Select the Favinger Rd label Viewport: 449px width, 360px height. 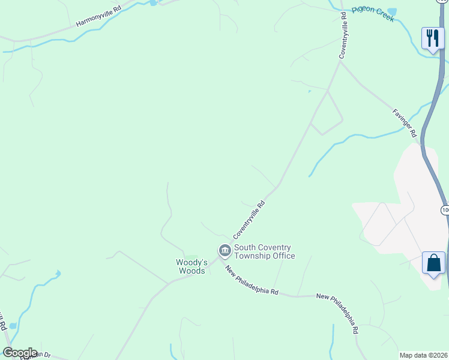point(405,123)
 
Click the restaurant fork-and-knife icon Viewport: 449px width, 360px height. point(432,38)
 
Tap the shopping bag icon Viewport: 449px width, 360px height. point(433,263)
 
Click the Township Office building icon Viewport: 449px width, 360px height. point(224,250)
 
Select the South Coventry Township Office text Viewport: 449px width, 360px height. point(264,251)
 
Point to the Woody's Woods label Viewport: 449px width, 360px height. point(191,266)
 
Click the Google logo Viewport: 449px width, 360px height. point(20,353)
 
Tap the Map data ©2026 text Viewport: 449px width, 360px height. point(423,355)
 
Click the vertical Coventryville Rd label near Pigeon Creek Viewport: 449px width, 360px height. point(343,35)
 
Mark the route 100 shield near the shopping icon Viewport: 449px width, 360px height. point(445,209)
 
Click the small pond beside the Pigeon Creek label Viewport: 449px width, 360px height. point(393,11)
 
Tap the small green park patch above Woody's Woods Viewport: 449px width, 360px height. point(191,257)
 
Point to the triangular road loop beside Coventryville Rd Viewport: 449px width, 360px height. point(327,114)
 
